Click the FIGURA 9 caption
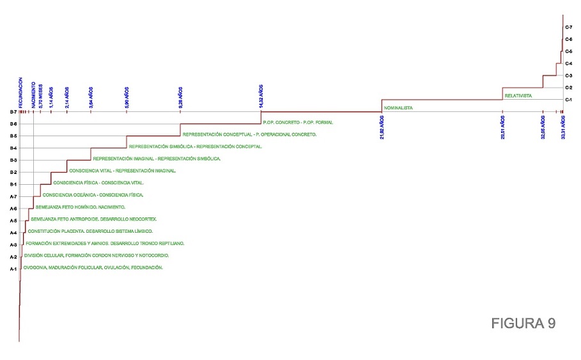click(523, 324)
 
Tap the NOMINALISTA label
click(398, 108)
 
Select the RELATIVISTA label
click(518, 96)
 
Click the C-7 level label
click(569, 27)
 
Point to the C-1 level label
click(569, 100)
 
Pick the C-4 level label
click(569, 63)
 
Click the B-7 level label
click(13, 112)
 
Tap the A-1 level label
click(13, 269)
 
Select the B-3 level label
click(13, 160)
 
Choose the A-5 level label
click(13, 221)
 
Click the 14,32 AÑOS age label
click(261, 96)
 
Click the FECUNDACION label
click(20, 92)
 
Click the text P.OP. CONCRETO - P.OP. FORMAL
click(298, 122)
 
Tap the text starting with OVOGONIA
click(93, 267)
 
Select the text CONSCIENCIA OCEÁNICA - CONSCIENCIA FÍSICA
click(93, 194)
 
